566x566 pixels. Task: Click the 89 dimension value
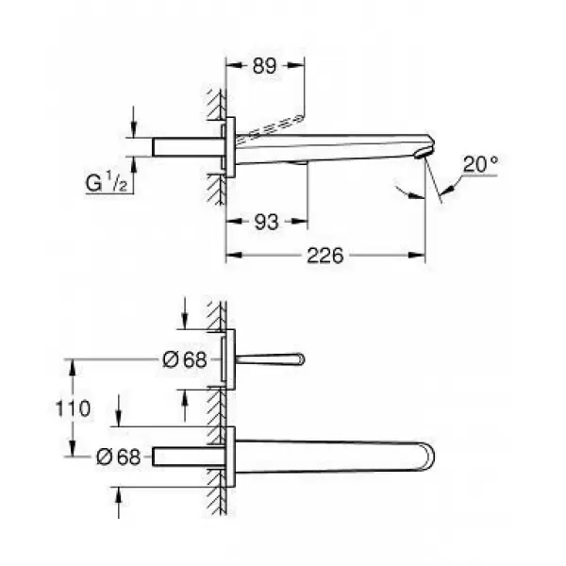(264, 66)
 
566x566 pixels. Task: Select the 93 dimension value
(266, 222)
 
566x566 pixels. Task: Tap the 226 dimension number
(325, 256)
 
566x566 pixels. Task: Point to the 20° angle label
(480, 164)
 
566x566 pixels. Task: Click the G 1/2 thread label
(106, 182)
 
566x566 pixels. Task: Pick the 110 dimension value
(73, 408)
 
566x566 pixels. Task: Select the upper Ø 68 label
(185, 359)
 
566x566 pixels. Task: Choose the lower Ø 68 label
(119, 457)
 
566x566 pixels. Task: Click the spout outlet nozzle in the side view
(423, 153)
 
